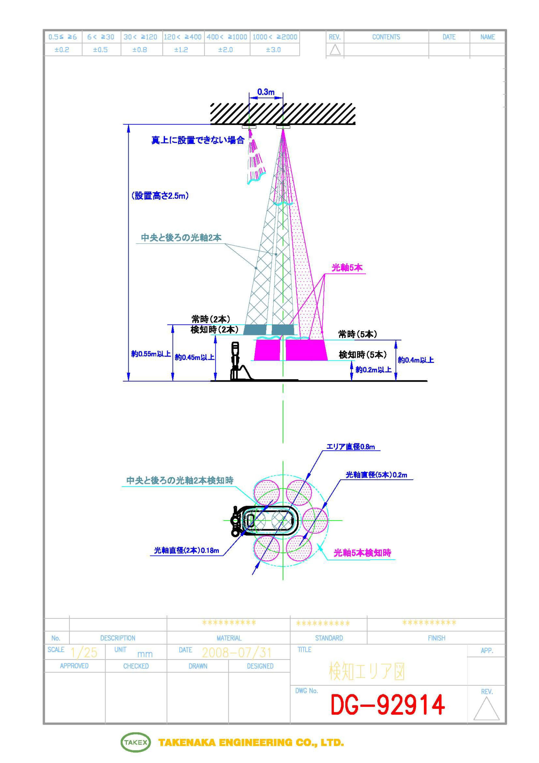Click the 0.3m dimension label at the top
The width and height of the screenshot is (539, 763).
point(266,92)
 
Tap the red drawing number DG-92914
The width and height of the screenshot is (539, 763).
point(388,705)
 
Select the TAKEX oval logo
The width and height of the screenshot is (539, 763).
point(136,742)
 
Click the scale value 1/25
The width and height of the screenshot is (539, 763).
point(84,653)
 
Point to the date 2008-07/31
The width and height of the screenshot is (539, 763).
point(237,653)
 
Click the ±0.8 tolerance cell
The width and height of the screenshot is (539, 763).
point(140,50)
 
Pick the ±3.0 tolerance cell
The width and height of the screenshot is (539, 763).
point(273,50)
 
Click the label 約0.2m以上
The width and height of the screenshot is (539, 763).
point(373,369)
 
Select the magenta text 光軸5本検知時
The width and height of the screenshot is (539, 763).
point(362,553)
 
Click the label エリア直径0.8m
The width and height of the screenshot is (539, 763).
point(351,447)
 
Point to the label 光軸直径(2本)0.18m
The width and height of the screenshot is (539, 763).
point(187,550)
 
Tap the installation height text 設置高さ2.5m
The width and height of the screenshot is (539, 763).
point(160,196)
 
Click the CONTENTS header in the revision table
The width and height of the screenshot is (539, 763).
point(386,37)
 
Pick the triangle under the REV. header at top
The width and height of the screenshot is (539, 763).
point(335,50)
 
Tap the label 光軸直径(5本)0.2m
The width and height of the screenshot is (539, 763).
point(376,475)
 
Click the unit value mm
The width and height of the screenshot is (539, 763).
point(145,654)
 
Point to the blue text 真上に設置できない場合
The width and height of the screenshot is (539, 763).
point(198,140)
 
